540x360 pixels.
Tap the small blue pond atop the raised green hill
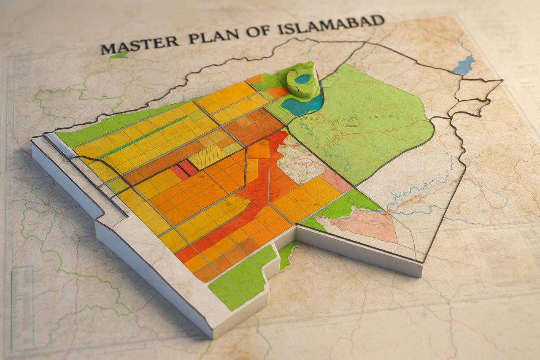point(303,78)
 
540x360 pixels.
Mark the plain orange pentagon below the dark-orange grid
point(259,149)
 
